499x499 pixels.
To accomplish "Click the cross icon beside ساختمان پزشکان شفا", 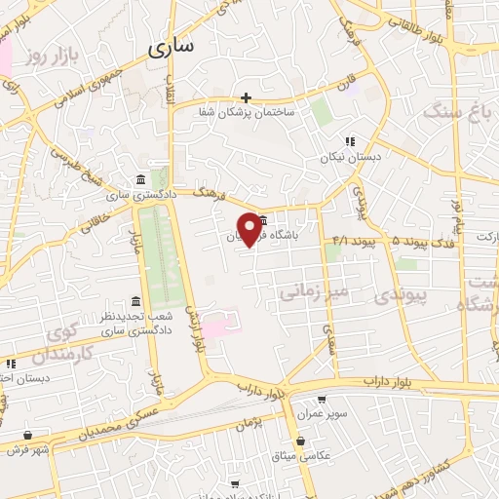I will point(246,97).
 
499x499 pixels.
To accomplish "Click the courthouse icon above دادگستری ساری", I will point(142,180).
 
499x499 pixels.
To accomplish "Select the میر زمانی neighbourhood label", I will point(313,290).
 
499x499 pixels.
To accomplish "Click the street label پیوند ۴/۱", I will point(354,240).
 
